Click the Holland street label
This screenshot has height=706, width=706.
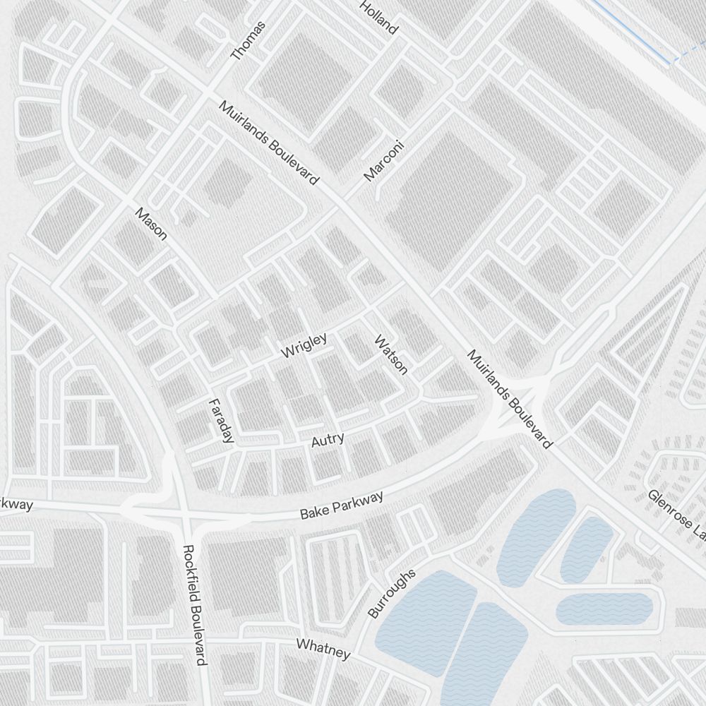pos(379,18)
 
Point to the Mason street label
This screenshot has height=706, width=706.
pos(151,223)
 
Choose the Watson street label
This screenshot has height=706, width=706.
pos(390,354)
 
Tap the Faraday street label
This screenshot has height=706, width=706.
pos(221,421)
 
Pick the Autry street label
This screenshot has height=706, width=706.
pos(328,440)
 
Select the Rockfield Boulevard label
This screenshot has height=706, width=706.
pos(193,604)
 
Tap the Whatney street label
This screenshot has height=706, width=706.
pos(323,648)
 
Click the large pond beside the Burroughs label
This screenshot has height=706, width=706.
pos(424,614)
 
